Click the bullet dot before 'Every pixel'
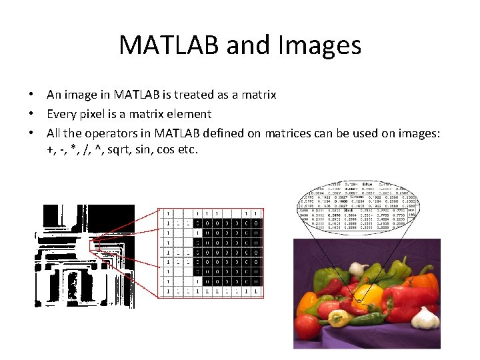(x=31, y=114)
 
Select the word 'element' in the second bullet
(x=190, y=114)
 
